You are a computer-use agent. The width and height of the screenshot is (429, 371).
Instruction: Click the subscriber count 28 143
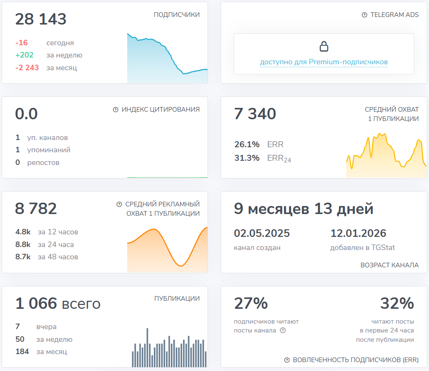(41, 19)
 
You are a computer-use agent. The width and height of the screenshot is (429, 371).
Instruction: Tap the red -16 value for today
(22, 43)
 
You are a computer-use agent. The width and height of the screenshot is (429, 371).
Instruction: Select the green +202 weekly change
(24, 55)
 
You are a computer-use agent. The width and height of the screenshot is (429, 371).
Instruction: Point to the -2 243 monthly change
(27, 68)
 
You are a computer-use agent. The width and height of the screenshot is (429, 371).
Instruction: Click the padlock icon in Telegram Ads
(324, 46)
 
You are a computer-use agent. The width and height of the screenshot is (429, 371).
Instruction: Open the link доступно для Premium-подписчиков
(324, 62)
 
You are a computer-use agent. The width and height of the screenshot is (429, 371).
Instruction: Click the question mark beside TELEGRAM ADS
(364, 15)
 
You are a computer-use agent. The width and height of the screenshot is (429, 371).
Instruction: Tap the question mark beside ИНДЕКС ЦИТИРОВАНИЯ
(115, 110)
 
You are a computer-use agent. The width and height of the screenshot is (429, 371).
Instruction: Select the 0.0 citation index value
(26, 114)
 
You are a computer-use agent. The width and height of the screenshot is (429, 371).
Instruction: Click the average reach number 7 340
(255, 114)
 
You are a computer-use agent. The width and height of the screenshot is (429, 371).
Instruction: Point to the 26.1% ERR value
(247, 145)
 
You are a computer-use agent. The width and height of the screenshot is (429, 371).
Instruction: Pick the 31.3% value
(247, 158)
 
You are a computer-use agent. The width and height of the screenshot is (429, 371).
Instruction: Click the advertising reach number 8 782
(36, 209)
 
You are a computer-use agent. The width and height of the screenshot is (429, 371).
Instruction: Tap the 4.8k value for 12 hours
(23, 232)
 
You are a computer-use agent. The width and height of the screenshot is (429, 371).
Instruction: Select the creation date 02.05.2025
(262, 233)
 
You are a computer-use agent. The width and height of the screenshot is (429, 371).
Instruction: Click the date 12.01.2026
(358, 233)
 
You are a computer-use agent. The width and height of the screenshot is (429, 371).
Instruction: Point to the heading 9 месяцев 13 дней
(303, 209)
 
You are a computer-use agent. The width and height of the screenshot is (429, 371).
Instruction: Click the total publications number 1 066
(36, 303)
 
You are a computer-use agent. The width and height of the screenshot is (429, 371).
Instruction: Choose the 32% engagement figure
(397, 303)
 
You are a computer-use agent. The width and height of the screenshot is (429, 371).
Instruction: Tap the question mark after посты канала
(283, 330)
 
